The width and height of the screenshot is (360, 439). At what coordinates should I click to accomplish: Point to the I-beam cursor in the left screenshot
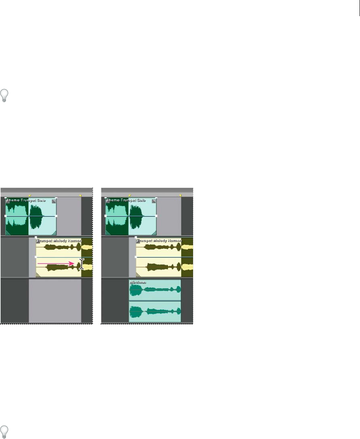[x=82, y=264]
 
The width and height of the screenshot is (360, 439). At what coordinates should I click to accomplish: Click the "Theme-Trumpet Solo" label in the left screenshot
[x=25, y=200]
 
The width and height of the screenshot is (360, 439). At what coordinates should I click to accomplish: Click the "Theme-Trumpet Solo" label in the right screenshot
[x=125, y=200]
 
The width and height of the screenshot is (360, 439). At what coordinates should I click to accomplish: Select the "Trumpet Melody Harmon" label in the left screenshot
[x=59, y=240]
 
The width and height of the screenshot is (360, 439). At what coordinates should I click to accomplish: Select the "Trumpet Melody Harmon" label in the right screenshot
[x=159, y=240]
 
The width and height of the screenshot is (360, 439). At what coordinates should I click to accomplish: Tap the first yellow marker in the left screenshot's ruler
[x=29, y=195]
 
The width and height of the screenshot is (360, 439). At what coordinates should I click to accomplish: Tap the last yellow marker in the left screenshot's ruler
[x=80, y=195]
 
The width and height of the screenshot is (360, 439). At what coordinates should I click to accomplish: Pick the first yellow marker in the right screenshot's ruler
[x=129, y=195]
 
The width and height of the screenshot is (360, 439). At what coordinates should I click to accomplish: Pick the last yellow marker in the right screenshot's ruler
[x=180, y=195]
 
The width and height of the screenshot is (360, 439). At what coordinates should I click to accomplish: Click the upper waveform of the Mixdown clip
[x=155, y=290]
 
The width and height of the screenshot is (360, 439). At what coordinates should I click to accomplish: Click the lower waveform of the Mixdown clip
[x=155, y=311]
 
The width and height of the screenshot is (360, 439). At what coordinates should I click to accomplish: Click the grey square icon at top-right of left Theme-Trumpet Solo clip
[x=54, y=201]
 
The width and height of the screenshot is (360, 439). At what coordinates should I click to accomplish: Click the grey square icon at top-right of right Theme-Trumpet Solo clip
[x=154, y=201]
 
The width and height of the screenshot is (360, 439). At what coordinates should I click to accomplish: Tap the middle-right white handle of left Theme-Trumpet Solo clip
[x=56, y=216]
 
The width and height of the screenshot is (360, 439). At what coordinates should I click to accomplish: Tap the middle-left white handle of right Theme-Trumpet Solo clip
[x=106, y=216]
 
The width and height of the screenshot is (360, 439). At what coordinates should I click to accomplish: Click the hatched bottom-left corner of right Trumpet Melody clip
[x=139, y=275]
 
